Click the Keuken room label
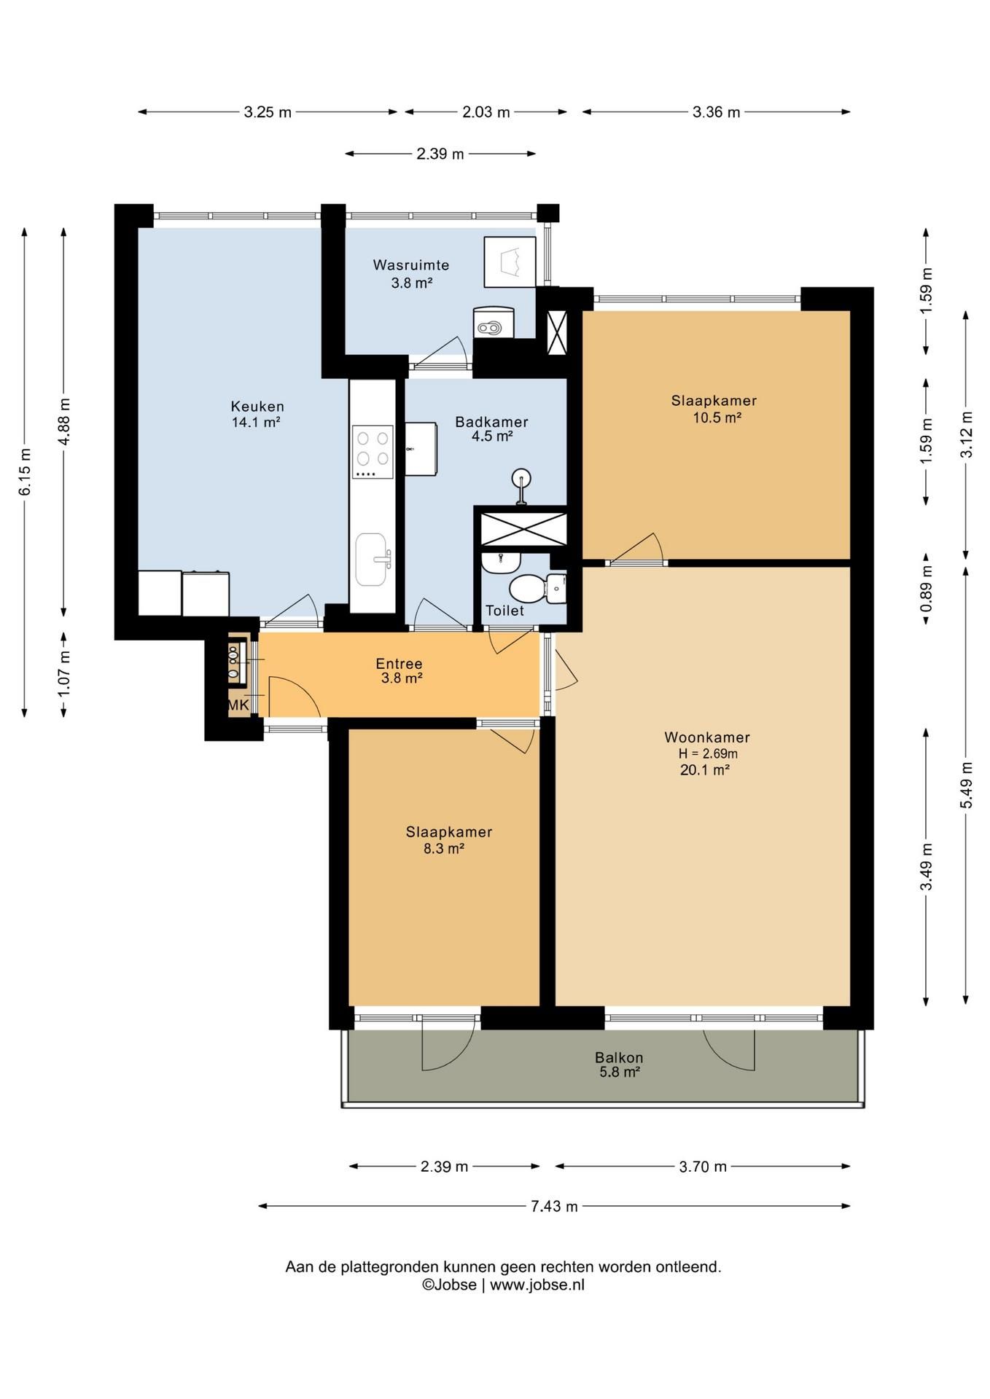click(257, 407)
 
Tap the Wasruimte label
click(411, 265)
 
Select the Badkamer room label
click(491, 422)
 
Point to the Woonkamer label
click(707, 737)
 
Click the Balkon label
click(619, 1057)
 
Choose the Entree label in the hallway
click(399, 664)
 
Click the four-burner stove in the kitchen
click(373, 452)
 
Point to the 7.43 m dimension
click(554, 1206)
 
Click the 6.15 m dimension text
click(25, 471)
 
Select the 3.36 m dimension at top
click(716, 112)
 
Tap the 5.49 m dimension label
click(966, 785)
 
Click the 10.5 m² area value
click(717, 418)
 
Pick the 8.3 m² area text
click(444, 848)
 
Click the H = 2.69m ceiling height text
click(708, 754)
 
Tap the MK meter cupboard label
click(238, 705)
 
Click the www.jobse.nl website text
click(537, 1285)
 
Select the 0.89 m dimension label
click(927, 589)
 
